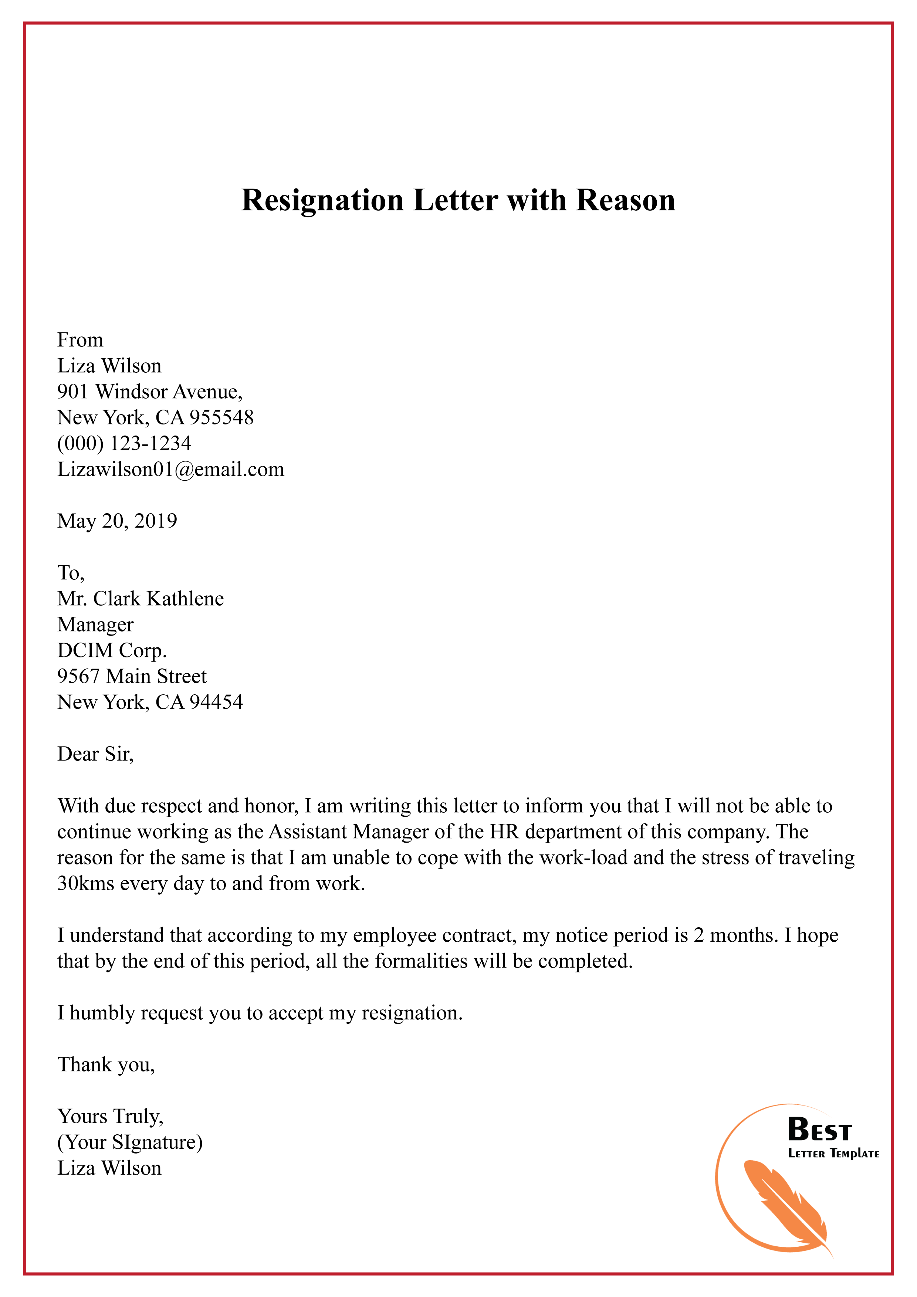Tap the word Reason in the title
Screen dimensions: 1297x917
tap(626, 200)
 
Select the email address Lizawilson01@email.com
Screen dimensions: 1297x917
tap(170, 470)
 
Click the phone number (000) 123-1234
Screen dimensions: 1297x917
tap(124, 443)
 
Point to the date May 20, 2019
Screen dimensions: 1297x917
tap(117, 521)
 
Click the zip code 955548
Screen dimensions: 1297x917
tap(221, 417)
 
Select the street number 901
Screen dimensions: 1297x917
tap(72, 392)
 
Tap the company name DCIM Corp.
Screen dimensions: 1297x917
tap(112, 650)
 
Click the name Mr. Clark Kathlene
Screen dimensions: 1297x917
tap(141, 599)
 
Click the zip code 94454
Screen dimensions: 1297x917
tap(216, 702)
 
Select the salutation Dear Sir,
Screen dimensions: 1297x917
tap(95, 754)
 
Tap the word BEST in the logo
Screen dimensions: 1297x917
tap(819, 1130)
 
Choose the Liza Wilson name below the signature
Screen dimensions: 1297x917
tap(109, 1168)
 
